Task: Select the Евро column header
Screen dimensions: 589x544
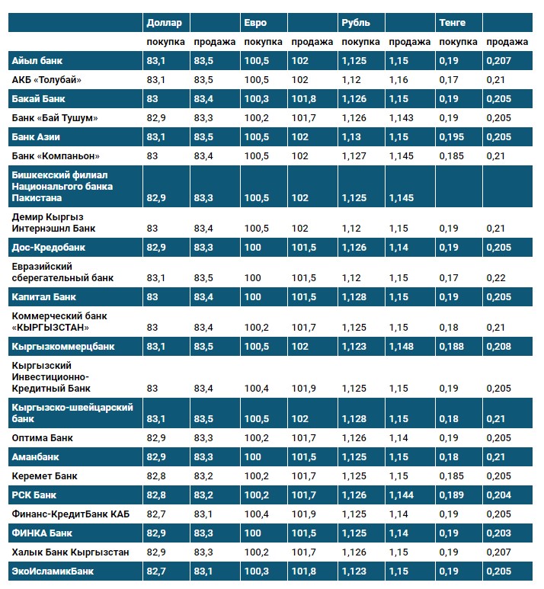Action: (256, 23)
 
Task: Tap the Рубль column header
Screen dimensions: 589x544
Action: (356, 23)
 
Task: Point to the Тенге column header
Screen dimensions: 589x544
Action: (453, 23)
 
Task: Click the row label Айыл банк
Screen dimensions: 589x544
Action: (36, 60)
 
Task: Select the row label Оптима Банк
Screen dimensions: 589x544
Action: (43, 437)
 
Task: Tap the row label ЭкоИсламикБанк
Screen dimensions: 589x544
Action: (50, 571)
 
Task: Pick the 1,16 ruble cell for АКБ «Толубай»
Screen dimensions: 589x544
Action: (398, 79)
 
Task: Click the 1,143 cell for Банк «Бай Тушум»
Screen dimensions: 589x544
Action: (402, 117)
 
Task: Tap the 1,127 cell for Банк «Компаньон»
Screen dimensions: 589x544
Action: (354, 155)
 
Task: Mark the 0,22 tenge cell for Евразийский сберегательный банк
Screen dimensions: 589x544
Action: (496, 277)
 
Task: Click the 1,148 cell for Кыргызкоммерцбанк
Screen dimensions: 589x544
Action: (402, 346)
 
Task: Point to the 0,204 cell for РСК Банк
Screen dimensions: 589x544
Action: (499, 495)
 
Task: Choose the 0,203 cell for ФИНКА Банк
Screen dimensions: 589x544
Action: (499, 533)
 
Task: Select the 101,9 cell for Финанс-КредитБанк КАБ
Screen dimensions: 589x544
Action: (303, 514)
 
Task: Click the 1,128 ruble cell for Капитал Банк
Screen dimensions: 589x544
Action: (354, 296)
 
